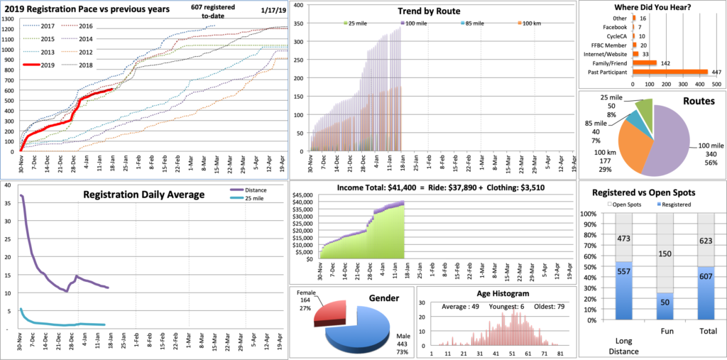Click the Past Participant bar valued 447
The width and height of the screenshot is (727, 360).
pyautogui.click(x=668, y=72)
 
